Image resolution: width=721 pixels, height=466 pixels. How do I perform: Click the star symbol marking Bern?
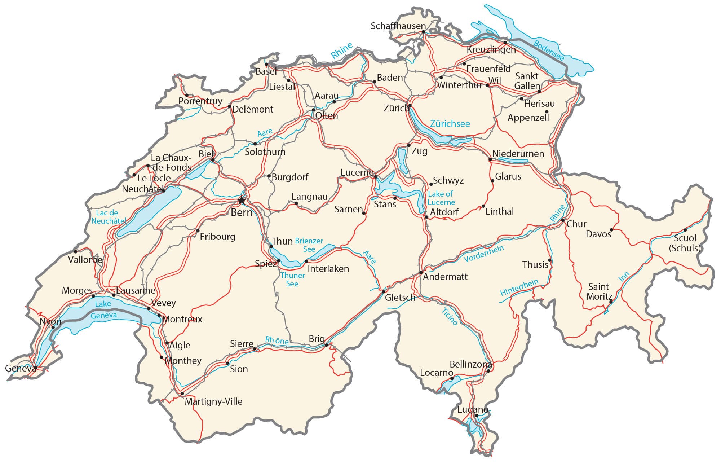tap(241, 200)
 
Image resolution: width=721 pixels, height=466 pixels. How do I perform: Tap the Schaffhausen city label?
tap(398, 26)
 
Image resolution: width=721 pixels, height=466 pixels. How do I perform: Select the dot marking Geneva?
tap(36, 368)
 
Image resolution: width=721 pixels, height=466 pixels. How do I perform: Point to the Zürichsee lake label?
tap(450, 124)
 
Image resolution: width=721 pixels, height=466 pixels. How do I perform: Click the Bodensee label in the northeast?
tap(548, 50)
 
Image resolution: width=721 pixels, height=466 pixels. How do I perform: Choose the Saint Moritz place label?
tap(599, 291)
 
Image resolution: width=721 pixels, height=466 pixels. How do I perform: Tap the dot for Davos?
tap(611, 230)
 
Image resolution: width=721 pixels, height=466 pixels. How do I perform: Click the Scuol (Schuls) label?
tap(684, 243)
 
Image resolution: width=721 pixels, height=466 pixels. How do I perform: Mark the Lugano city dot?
tap(477, 416)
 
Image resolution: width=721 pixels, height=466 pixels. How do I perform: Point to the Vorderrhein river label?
tap(483, 254)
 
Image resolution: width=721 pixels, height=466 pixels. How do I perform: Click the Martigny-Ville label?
tap(213, 401)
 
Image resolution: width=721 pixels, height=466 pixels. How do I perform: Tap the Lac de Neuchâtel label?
tap(108, 217)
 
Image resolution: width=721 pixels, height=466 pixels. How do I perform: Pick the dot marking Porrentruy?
tap(187, 95)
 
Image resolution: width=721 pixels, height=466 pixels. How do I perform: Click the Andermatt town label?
tap(445, 277)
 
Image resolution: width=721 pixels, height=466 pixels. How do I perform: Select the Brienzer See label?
tap(309, 245)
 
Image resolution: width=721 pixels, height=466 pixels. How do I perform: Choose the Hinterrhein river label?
tap(519, 287)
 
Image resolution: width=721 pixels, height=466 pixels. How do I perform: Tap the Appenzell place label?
tap(528, 118)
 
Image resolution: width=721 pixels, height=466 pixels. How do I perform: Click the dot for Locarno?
tap(452, 379)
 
